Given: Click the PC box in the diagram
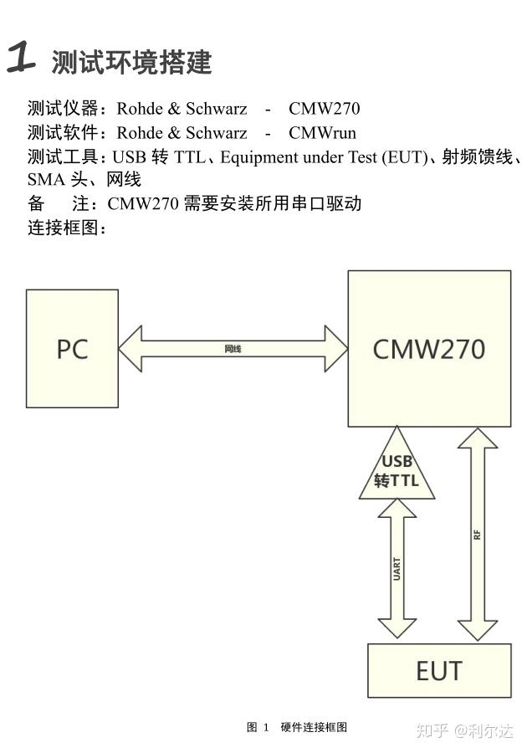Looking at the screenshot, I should (72, 348).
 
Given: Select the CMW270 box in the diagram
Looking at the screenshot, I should (429, 348).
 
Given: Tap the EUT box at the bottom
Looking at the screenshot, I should (439, 670).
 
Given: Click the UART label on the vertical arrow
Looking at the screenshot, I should (397, 569).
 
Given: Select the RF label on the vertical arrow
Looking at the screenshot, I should (477, 534).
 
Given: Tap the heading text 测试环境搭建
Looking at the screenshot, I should (131, 62).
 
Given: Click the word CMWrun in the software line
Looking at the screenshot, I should (322, 132).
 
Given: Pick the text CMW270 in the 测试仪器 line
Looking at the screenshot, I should (324, 108).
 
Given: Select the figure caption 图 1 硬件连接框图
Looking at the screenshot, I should (297, 727).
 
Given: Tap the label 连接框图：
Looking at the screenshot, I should (67, 228).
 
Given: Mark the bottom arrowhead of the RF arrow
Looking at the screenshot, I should (477, 630).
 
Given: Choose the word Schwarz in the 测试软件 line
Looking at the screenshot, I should (217, 132).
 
